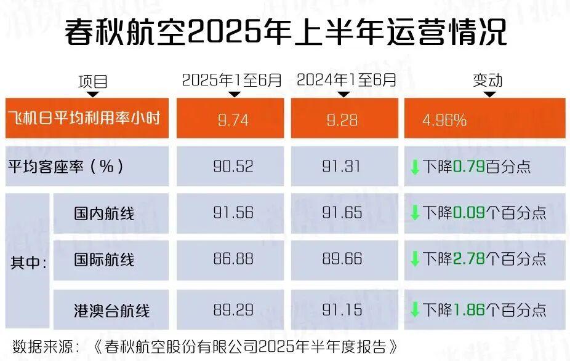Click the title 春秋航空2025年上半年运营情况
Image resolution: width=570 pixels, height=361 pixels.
pyautogui.click(x=285, y=33)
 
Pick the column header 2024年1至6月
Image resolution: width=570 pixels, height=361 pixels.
pyautogui.click(x=347, y=80)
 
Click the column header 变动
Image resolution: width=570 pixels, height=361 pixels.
pyautogui.click(x=487, y=81)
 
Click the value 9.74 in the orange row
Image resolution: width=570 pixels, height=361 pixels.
pyautogui.click(x=233, y=120)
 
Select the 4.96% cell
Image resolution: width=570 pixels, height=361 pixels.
pyautogui.click(x=444, y=120)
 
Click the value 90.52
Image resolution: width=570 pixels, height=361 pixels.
pyautogui.click(x=233, y=166)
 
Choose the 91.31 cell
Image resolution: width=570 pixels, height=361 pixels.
pyautogui.click(x=342, y=166)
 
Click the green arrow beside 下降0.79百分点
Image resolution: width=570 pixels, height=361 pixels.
pyautogui.click(x=415, y=167)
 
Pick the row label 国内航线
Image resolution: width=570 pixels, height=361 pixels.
pyautogui.click(x=104, y=213)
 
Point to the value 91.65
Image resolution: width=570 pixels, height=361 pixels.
pyautogui.click(x=342, y=213)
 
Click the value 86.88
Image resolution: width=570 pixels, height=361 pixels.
pyautogui.click(x=233, y=259)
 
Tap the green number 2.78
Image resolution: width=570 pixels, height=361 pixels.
pyautogui.click(x=468, y=259)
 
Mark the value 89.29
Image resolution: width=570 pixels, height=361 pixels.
pyautogui.click(x=233, y=309)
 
